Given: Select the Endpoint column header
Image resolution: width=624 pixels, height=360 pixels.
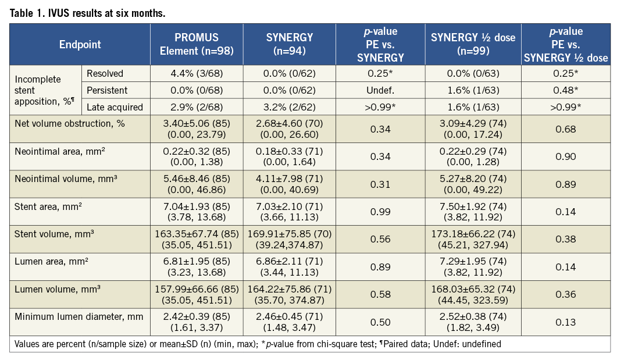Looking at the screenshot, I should click(x=80, y=45).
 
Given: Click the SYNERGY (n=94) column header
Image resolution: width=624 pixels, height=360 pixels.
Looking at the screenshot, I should click(x=289, y=45).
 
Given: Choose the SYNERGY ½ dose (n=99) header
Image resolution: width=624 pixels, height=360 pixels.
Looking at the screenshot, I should click(x=473, y=45).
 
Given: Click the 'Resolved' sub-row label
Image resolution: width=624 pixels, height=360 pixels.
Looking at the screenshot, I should click(x=105, y=74).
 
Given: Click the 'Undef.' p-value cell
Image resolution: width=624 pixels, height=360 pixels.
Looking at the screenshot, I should click(x=380, y=91).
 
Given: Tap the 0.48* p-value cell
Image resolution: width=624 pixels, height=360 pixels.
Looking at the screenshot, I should click(x=566, y=91).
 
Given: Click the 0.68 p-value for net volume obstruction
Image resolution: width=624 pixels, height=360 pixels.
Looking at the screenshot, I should click(x=566, y=129).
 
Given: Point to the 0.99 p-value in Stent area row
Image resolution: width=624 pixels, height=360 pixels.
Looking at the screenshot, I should click(x=380, y=212).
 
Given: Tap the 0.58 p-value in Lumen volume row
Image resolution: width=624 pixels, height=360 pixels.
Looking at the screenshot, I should click(x=380, y=295).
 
